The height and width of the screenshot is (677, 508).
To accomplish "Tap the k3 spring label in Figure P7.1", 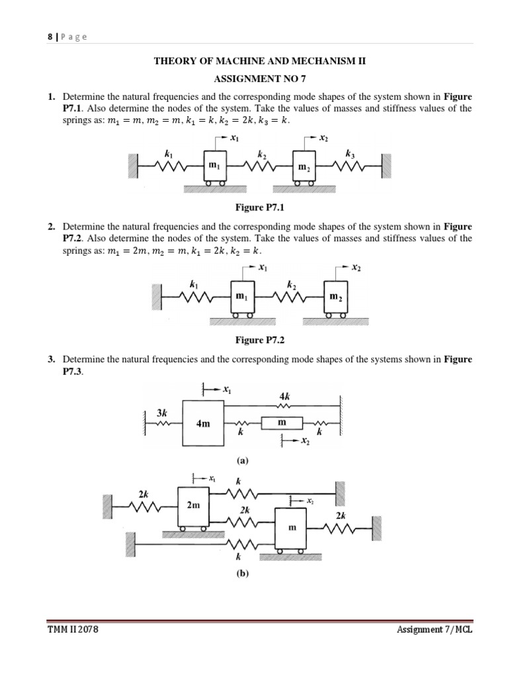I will pos(349,153).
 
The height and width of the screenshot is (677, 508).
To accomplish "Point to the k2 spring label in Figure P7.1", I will pos(262,154).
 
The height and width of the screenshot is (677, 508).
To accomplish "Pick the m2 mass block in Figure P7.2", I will pos(335,297).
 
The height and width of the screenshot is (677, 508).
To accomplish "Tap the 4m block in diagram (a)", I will pos(202,424).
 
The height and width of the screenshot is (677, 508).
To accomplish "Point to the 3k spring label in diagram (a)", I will pos(162,413).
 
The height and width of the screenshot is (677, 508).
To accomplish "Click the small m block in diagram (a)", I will pos(282,422).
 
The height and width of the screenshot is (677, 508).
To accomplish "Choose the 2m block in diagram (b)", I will pos(193,506).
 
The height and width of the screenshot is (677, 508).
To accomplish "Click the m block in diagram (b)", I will pos(292,528).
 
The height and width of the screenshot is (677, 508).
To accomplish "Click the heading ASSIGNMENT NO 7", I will pos(259,77).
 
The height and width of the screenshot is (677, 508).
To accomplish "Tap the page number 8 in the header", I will pos(50,37).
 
